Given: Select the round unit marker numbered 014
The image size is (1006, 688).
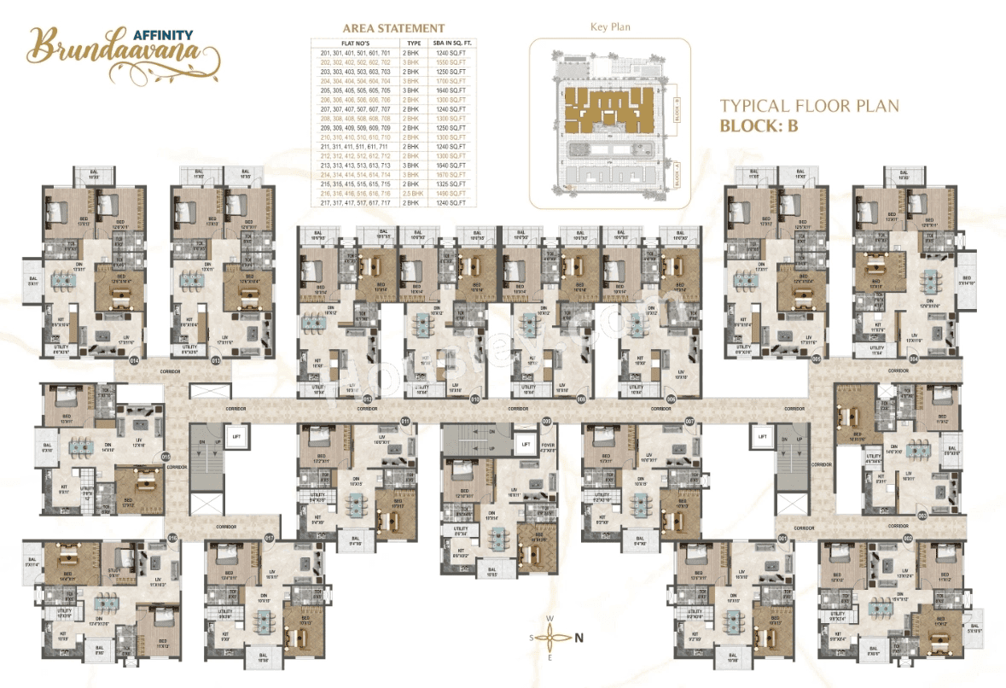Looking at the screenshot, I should (x=133, y=361).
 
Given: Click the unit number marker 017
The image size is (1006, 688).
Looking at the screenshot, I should (x=270, y=538).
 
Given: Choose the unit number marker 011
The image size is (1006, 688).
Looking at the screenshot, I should (x=405, y=421).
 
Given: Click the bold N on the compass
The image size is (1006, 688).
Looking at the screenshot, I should (x=579, y=636).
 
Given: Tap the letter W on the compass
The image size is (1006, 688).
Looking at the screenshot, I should (x=550, y=618).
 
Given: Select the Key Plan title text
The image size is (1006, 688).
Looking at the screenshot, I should (x=610, y=27).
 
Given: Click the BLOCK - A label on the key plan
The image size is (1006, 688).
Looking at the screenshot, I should (x=676, y=177).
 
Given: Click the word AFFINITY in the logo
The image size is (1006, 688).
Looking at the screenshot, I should (x=163, y=35).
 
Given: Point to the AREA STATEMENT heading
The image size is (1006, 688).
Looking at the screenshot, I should (x=393, y=28).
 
